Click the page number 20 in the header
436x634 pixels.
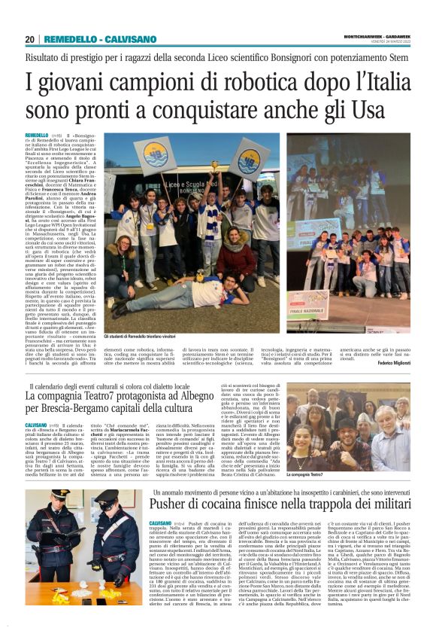[29, 39]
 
